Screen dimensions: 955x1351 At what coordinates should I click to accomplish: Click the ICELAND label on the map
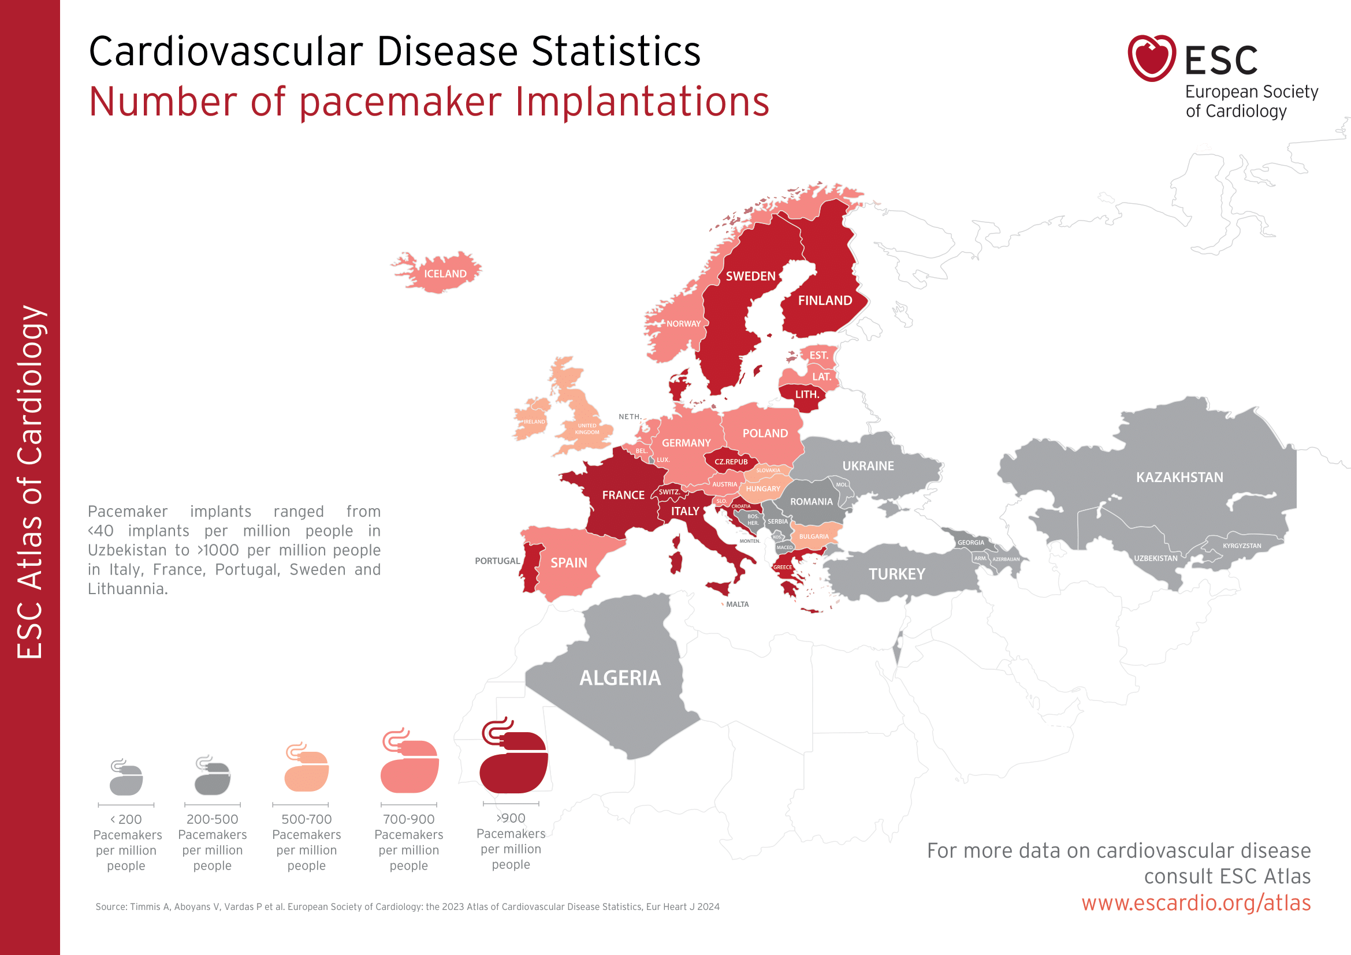click(445, 274)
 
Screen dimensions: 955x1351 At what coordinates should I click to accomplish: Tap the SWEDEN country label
click(750, 277)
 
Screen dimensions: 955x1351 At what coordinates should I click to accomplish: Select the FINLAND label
click(824, 300)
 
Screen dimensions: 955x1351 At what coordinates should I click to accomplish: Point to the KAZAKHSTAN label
click(1179, 477)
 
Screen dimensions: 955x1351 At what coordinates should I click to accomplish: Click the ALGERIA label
click(620, 678)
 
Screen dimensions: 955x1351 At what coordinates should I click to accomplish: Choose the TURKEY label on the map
click(897, 574)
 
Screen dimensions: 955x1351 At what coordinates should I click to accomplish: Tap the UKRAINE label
click(868, 466)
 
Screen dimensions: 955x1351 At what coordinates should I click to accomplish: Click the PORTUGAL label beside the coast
click(497, 561)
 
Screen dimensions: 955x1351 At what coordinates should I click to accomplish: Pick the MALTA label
click(737, 605)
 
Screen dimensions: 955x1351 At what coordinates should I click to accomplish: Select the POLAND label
click(765, 434)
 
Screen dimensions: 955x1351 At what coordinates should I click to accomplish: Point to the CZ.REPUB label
click(731, 462)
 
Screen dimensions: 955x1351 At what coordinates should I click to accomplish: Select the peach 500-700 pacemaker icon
click(306, 769)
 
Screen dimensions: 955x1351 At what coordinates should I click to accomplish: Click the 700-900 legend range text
click(408, 819)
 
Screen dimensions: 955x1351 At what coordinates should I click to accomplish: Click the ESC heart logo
click(1151, 58)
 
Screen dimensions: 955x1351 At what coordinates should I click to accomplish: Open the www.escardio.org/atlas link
click(1196, 902)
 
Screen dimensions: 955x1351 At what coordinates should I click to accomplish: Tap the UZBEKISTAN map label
click(1156, 558)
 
